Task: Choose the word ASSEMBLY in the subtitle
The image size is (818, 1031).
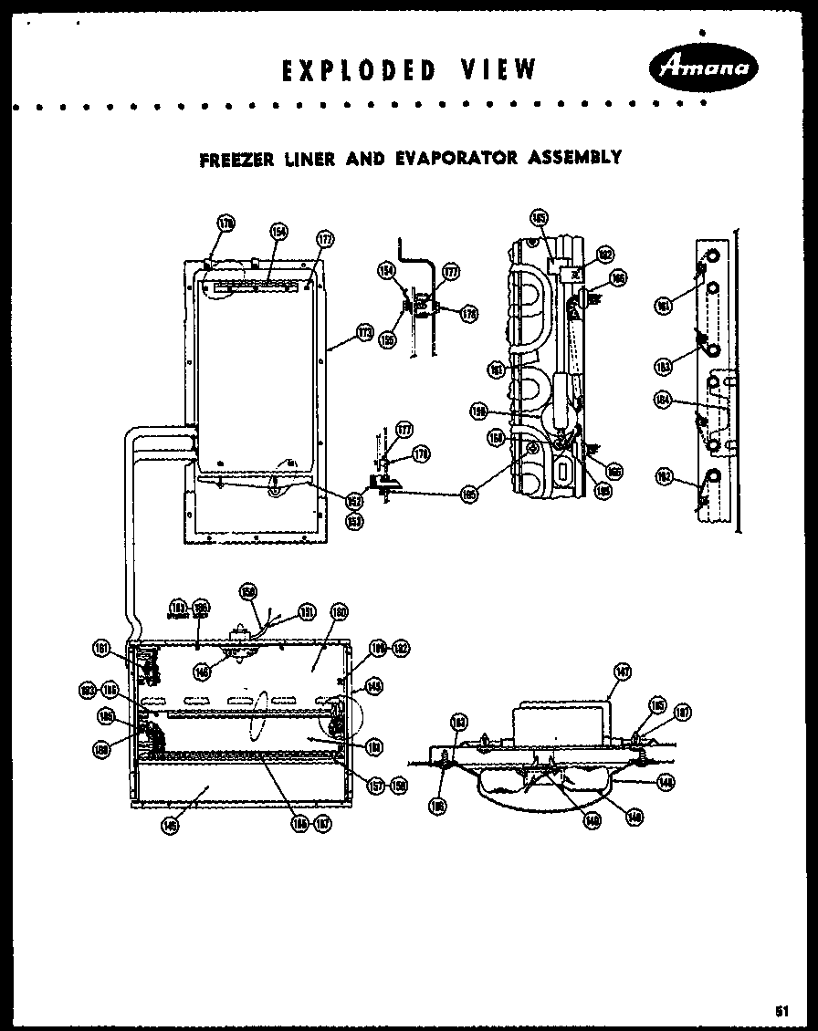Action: [x=575, y=158]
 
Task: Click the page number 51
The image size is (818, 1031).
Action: [x=781, y=1010]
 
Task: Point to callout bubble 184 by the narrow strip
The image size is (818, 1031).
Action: [x=663, y=398]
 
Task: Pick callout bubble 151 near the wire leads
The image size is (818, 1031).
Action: [x=307, y=612]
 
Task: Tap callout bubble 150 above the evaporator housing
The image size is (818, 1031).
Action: [x=247, y=592]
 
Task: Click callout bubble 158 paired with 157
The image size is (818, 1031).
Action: [x=398, y=785]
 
